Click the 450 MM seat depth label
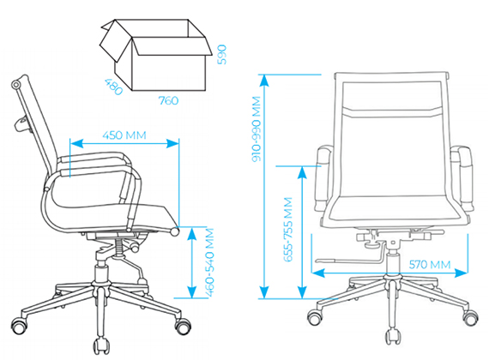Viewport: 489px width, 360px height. (124, 135)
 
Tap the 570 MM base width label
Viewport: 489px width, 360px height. (430, 265)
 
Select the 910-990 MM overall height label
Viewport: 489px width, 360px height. (257, 129)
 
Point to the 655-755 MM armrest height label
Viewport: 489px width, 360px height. (288, 230)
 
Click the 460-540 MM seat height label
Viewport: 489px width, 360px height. (210, 262)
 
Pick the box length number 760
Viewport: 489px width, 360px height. (168, 100)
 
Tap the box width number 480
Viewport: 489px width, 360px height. (113, 87)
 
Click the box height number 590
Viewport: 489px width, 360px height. (221, 55)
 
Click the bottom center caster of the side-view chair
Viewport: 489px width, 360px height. (101, 345)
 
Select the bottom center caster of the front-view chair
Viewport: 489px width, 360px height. (392, 336)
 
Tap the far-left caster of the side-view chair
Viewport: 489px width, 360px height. (19, 326)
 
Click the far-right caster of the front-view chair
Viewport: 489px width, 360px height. (471, 318)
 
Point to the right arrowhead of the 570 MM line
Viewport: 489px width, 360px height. (462, 273)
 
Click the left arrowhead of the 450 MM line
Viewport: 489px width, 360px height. (76, 143)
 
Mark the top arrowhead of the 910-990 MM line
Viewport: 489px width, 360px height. (264, 81)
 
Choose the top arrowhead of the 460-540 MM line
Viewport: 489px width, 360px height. (192, 233)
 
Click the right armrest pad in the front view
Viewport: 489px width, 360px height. (464, 177)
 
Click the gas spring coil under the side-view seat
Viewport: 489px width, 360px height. (120, 247)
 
